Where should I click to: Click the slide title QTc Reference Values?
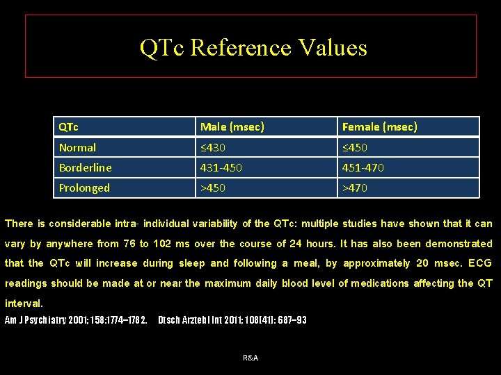[x=253, y=47]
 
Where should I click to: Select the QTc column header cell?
[x=69, y=126]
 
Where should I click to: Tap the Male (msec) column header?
[x=232, y=126]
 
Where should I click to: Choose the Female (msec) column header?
[x=379, y=126]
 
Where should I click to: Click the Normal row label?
[x=78, y=147]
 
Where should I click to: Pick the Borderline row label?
[x=86, y=167]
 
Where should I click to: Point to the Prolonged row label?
[x=84, y=187]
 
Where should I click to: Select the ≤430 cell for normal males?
[x=213, y=147]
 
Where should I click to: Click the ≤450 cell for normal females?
[x=355, y=147]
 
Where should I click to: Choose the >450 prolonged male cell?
[x=213, y=187]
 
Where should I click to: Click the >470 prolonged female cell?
[x=355, y=187]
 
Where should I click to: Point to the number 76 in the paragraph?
[x=129, y=244]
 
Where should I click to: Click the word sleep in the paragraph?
[x=191, y=263]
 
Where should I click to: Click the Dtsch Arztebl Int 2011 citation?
[x=232, y=320]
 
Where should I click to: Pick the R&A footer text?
[x=250, y=357]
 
